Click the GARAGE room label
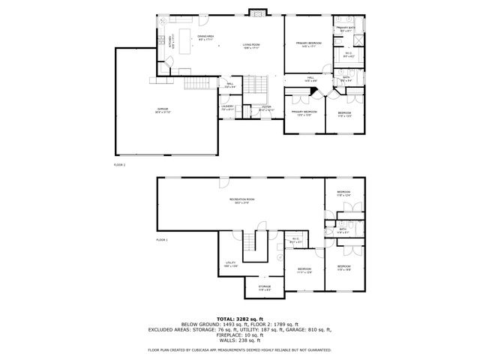tap(163, 111)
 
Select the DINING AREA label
tap(207, 37)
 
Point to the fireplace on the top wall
tap(257, 12)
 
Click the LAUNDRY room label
tap(228, 106)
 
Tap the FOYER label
tap(266, 106)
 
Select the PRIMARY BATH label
tap(345, 28)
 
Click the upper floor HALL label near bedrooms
tap(310, 78)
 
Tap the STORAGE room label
tap(265, 286)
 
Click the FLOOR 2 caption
tap(119, 163)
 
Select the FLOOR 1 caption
tap(162, 240)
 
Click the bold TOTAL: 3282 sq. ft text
tap(239, 318)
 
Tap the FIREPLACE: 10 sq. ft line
tap(239, 336)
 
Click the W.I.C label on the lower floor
tap(295, 241)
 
